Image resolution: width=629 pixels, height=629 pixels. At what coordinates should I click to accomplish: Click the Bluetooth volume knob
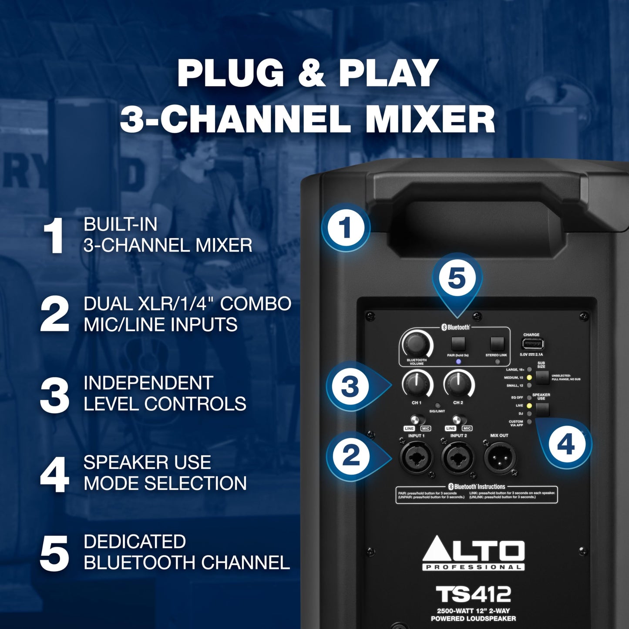416,344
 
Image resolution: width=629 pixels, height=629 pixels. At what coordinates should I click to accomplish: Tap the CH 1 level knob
416,384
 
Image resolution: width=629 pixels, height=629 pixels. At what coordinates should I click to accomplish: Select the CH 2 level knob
458,383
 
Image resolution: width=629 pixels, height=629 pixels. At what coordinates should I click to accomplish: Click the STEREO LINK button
497,344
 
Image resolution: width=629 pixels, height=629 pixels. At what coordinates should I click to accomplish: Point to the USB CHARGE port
532,345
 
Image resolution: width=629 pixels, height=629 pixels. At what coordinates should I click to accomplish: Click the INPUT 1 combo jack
416,457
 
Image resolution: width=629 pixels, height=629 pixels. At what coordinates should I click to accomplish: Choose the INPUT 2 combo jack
458,457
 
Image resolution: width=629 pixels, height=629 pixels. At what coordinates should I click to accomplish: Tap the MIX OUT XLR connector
499,457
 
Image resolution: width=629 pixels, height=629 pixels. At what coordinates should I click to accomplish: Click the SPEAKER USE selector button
542,410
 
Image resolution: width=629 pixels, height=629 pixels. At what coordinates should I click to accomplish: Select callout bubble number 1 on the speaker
346,228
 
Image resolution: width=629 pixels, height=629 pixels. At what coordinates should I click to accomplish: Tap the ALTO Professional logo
474,553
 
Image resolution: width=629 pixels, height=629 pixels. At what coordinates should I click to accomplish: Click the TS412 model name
473,595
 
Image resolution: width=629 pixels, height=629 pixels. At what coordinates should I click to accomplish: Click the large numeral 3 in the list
54,395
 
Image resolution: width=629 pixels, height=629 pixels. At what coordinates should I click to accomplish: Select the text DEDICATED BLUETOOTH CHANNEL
186,552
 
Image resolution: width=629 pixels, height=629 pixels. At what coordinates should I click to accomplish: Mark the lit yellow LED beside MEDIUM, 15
529,377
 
